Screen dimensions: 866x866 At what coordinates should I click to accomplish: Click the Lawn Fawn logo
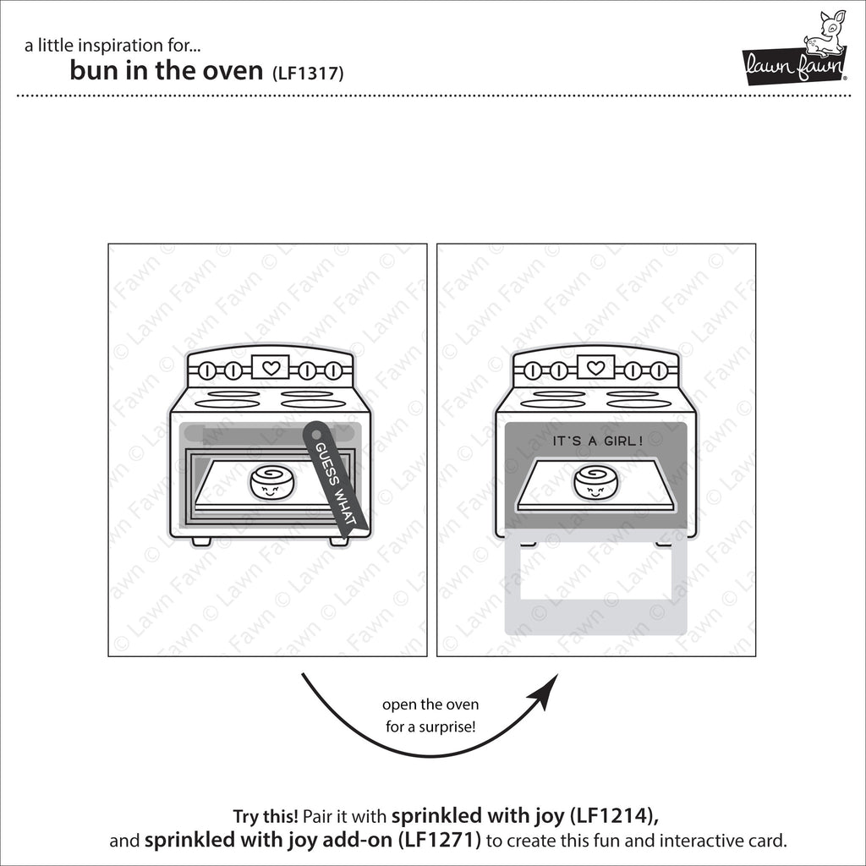click(795, 51)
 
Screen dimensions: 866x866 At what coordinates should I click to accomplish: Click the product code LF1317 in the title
click(307, 73)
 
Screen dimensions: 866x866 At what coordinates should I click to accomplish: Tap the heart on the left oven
click(271, 368)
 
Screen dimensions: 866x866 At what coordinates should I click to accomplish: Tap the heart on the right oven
click(595, 368)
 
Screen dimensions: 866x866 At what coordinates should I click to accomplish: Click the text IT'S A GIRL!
click(597, 441)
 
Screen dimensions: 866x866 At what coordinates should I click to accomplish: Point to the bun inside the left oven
click(271, 484)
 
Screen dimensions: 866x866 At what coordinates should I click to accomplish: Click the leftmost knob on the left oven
click(208, 370)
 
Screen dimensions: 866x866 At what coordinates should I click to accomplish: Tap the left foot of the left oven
click(201, 540)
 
